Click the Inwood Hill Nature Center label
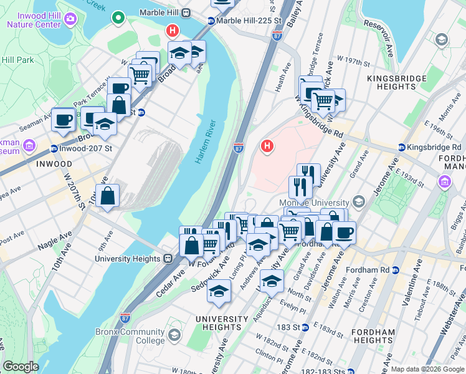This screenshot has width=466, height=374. pos(34,19)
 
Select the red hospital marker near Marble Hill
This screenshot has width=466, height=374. pos(172,31)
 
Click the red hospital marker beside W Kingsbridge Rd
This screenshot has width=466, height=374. pos(267,146)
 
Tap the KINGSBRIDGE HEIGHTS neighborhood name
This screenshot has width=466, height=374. pos(396,82)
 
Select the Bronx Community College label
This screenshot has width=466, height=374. pos(130,336)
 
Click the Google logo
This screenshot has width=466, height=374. pos(21,367)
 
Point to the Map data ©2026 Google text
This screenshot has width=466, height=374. pos(427,369)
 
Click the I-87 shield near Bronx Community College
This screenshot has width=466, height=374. pos(125,318)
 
